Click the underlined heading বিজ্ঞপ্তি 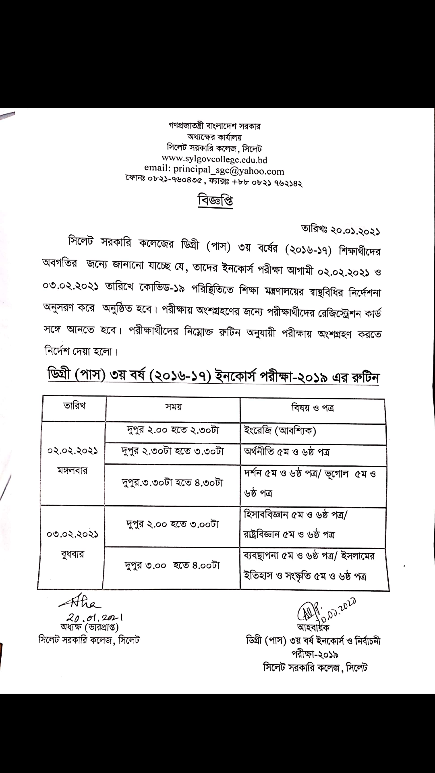[215, 200]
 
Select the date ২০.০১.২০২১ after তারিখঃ [356, 231]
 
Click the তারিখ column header [74, 405]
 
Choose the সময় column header [173, 407]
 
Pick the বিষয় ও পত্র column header [313, 408]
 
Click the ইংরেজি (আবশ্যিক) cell [280, 431]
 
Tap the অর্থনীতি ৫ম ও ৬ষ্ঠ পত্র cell [286, 452]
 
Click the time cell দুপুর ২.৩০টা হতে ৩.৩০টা [172, 451]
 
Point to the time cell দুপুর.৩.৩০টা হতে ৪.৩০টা [172, 482]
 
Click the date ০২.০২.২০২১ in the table [72, 451]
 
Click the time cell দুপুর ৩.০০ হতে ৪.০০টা [172, 565]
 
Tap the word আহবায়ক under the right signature [313, 627]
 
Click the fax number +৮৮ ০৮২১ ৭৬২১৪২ [267, 183]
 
